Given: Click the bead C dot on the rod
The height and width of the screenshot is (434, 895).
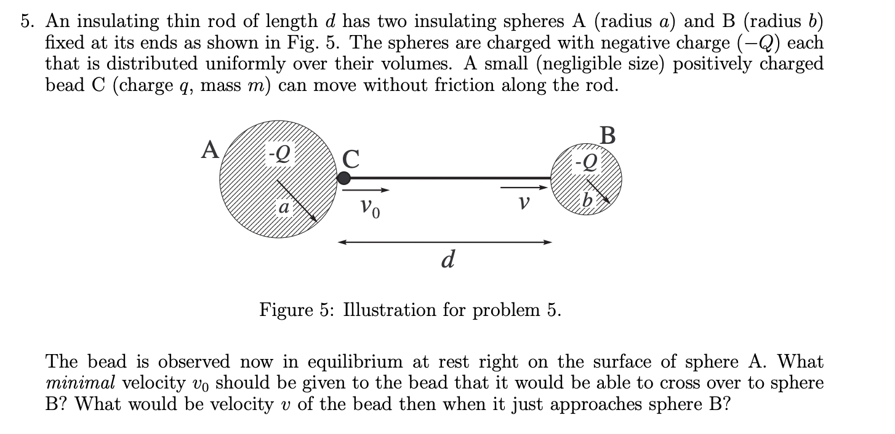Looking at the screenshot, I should click(344, 178).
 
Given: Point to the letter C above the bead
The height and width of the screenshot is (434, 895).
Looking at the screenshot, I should click(350, 159).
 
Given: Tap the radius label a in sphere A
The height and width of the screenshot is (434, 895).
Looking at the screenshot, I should click(283, 208).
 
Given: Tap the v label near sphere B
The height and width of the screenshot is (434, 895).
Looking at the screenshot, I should click(524, 203).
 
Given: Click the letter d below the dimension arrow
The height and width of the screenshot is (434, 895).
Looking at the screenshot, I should click(448, 260).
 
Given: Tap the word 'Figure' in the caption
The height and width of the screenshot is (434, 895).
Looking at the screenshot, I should click(285, 309).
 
